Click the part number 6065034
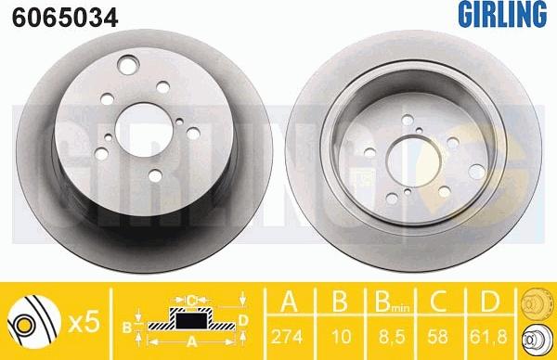(65, 18)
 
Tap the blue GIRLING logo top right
(502, 14)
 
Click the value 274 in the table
(287, 337)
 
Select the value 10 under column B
(341, 337)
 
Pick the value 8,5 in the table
(392, 337)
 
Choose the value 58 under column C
(437, 337)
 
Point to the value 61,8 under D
(488, 337)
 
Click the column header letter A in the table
(289, 301)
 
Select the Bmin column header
(392, 302)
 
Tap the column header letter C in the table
(438, 301)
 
